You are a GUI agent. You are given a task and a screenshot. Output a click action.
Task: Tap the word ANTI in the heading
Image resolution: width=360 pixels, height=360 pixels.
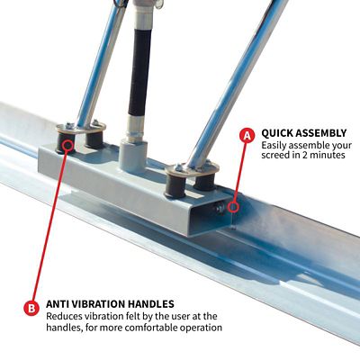(x=60, y=304)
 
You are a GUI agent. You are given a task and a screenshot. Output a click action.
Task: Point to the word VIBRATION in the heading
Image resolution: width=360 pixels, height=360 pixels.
(x=109, y=304)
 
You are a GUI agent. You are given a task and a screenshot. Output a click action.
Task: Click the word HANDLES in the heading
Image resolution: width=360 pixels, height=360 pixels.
(x=168, y=304)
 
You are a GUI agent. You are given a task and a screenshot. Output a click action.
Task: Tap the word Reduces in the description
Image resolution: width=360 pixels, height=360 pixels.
(x=66, y=317)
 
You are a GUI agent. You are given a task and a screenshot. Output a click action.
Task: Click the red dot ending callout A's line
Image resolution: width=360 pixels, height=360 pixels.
(x=236, y=205)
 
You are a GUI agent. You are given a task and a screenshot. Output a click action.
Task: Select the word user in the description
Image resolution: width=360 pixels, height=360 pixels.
(x=187, y=317)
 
